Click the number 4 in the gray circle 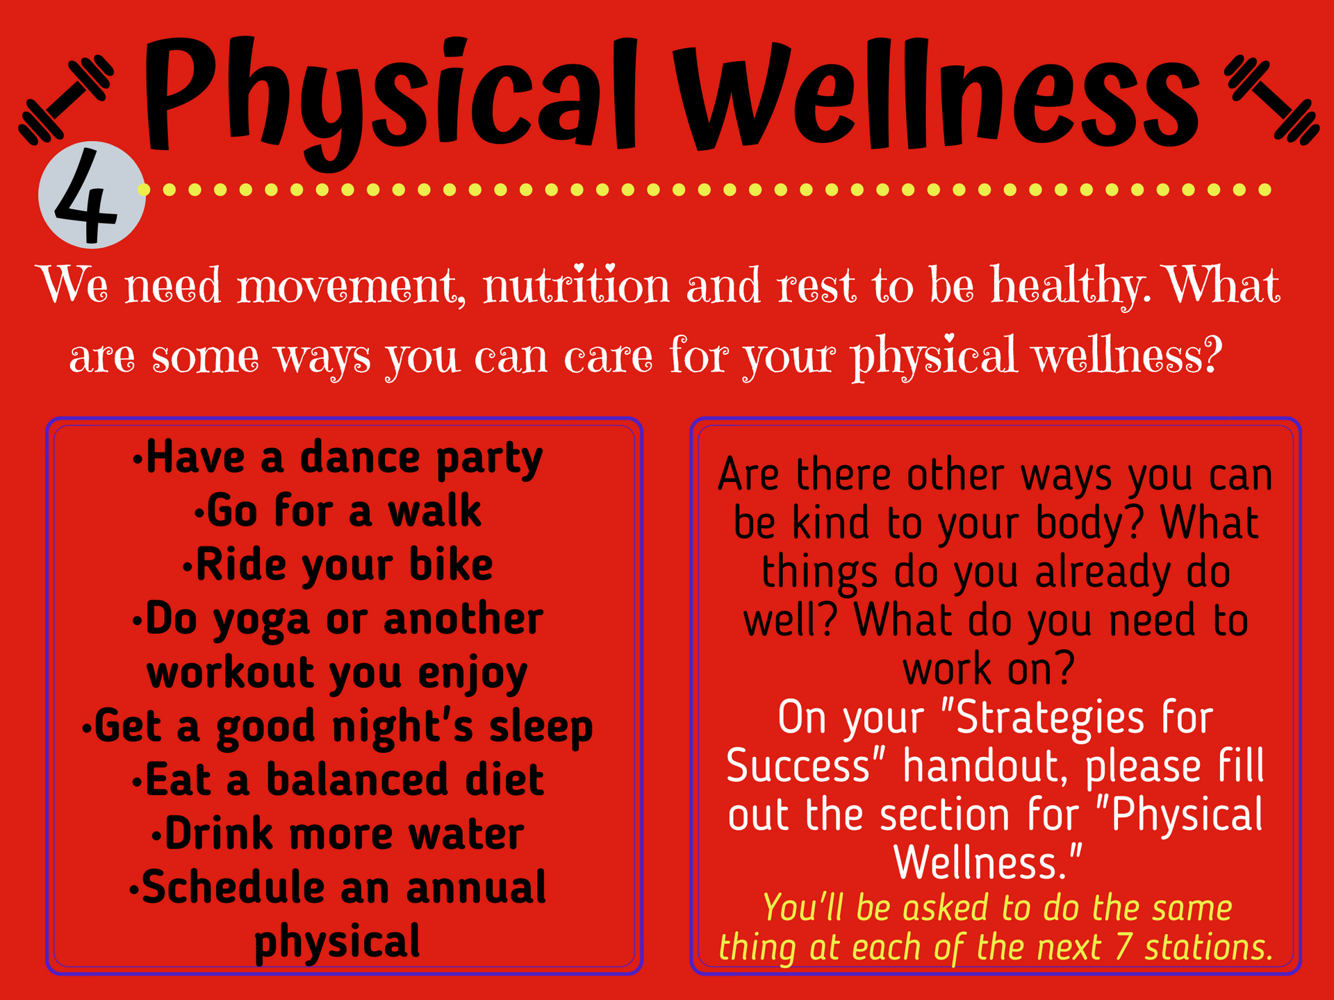pos(86,197)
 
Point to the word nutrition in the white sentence pos(576,285)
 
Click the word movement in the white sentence pos(352,287)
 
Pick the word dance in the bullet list pos(360,458)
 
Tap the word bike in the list pos(451,564)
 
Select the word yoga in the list pos(261,620)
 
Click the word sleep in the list pos(541,728)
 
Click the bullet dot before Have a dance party pos(138,460)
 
